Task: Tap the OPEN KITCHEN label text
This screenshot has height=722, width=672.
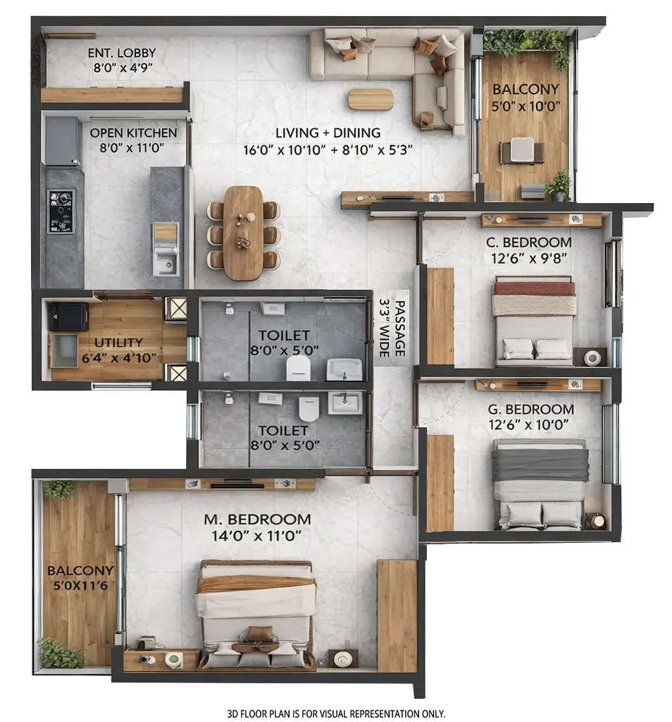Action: [x=133, y=133]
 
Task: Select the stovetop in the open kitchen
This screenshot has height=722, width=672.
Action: [x=61, y=211]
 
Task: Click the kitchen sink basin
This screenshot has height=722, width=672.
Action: [x=166, y=264]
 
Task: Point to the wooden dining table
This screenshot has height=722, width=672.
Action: [x=243, y=232]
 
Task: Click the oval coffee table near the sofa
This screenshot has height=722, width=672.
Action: [x=371, y=99]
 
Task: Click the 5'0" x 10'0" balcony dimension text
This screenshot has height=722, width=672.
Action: [x=526, y=105]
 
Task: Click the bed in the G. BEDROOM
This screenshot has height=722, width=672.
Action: [x=540, y=484]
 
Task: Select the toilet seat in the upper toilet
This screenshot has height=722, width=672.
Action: [x=299, y=367]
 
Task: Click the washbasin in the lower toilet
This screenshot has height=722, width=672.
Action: [x=346, y=403]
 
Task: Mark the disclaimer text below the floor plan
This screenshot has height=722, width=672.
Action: [x=336, y=713]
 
